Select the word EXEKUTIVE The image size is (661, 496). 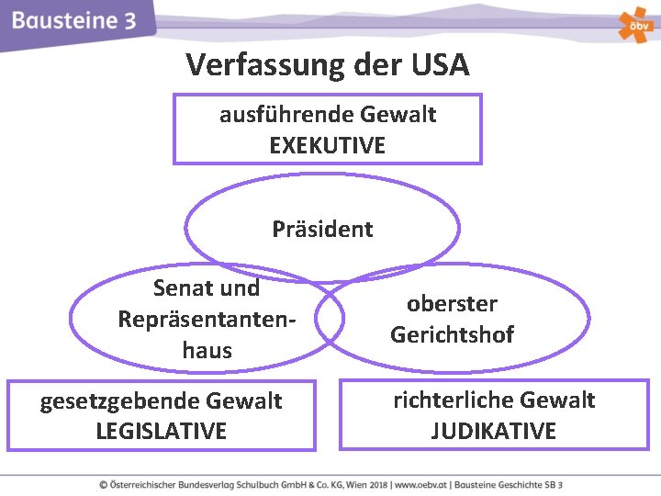328,145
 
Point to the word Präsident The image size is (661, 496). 322,229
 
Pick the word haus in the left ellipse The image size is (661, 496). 207,350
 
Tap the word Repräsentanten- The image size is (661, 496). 207,319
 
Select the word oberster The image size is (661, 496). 452,304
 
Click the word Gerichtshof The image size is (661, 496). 452,334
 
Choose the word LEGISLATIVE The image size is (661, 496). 161,431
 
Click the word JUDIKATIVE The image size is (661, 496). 494,431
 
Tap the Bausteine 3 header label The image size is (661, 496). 74,20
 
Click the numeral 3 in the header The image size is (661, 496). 129,20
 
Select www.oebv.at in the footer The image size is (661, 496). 416,484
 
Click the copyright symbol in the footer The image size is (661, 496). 104,484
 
